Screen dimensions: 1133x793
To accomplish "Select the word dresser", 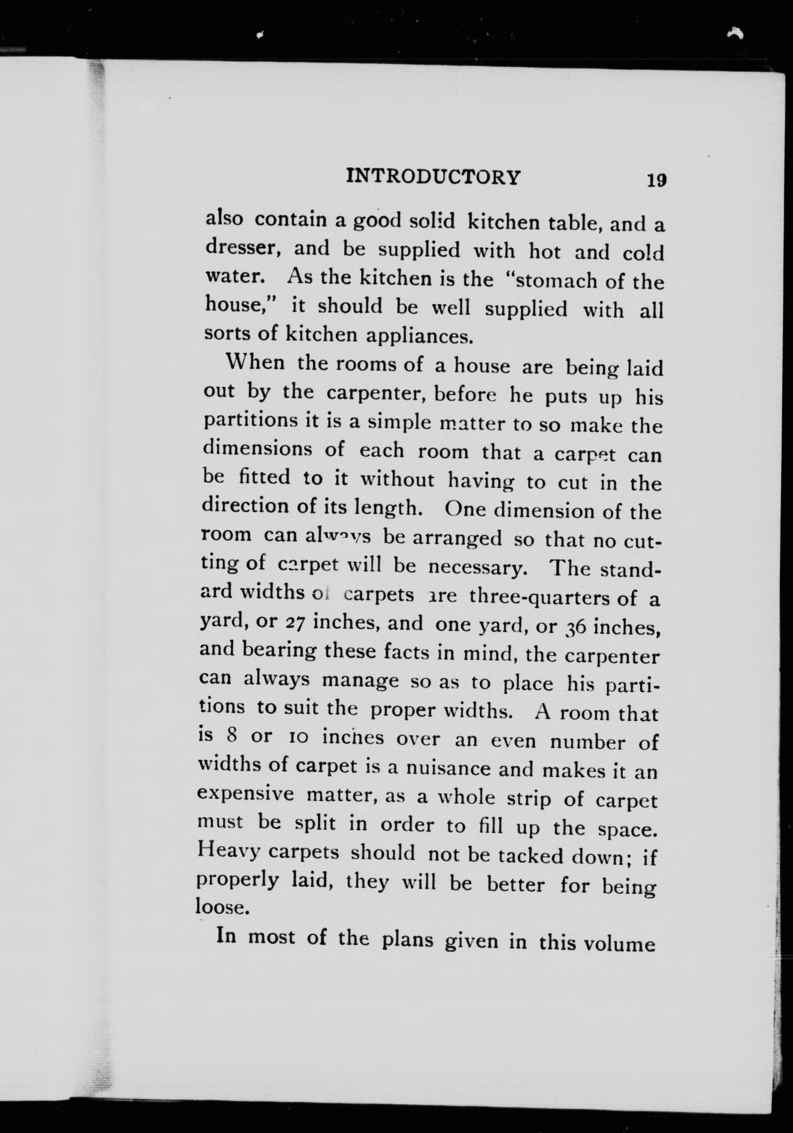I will point(243,247).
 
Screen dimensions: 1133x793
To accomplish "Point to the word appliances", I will point(417,337).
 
